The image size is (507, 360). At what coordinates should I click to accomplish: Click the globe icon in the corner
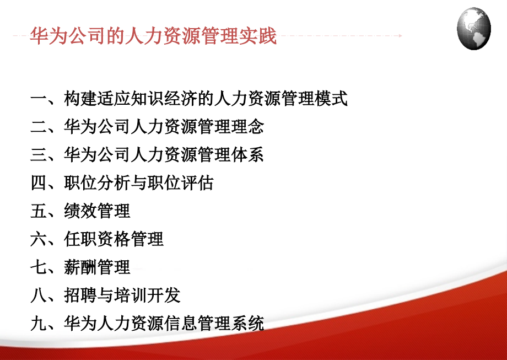tap(473, 29)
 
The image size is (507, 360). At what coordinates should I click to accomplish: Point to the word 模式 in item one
tap(331, 99)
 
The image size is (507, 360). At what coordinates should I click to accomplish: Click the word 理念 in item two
tap(247, 127)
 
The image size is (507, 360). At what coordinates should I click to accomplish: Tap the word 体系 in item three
tap(247, 155)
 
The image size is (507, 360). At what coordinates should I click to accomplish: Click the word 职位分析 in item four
tap(97, 183)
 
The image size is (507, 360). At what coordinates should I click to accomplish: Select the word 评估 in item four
tap(197, 183)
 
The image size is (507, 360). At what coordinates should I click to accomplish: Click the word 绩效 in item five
tap(80, 211)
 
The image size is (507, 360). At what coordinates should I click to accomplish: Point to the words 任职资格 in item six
tap(97, 239)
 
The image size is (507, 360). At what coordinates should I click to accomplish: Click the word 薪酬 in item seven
tap(80, 267)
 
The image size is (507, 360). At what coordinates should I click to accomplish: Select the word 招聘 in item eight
tap(80, 295)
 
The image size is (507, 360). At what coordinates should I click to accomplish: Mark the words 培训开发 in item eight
tap(147, 295)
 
